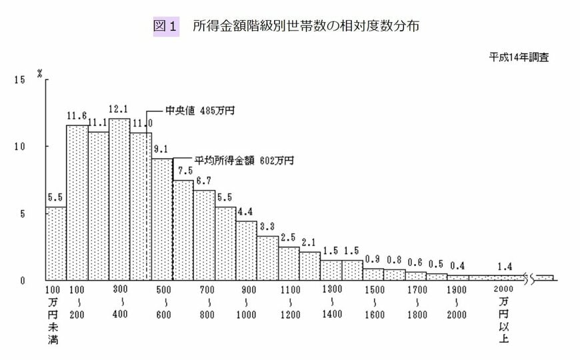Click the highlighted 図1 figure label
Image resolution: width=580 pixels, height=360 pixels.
point(166,27)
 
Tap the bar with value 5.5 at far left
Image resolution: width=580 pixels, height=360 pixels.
point(56,243)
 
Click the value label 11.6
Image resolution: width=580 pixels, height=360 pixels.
point(77,115)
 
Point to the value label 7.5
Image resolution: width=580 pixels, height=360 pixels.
point(183,172)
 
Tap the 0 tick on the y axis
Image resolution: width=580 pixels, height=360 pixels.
point(21,280)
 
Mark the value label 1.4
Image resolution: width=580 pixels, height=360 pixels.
point(505,267)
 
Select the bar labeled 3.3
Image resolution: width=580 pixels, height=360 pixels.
point(267,258)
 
